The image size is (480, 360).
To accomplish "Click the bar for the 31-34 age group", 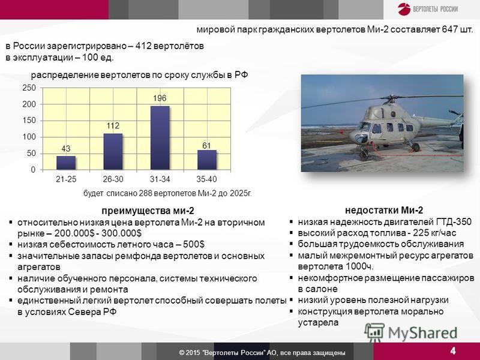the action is click(160, 138).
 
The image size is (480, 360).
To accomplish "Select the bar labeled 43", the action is click(66, 163).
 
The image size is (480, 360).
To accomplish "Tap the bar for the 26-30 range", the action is click(113, 152).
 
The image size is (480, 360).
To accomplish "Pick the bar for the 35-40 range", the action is click(207, 160).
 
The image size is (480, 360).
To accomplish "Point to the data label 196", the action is click(160, 98).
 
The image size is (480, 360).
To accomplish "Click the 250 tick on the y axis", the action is click(29, 88).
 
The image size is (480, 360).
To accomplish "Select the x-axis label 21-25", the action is click(66, 179).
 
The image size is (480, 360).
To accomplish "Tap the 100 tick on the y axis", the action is click(29, 137).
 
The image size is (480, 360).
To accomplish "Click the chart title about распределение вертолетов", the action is click(139, 75).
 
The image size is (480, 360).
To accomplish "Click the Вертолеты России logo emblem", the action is click(404, 9).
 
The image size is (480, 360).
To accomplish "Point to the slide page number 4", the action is click(453, 350).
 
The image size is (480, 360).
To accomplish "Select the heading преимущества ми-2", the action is click(148, 211).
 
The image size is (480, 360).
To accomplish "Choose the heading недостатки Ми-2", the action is click(384, 211).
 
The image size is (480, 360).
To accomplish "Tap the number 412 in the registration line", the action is click(143, 46).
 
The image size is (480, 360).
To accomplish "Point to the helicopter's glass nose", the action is click(361, 139).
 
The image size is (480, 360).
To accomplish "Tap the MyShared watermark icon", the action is click(374, 333).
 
